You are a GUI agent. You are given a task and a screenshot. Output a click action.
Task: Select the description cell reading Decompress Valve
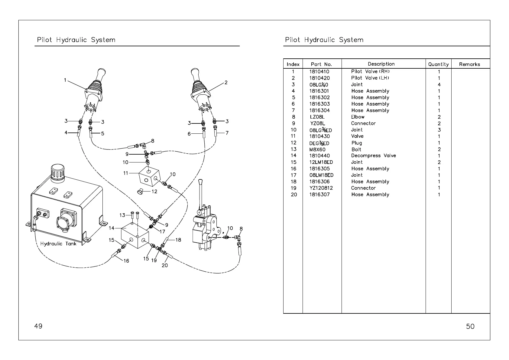373,156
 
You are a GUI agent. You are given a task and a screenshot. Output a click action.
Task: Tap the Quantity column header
438,64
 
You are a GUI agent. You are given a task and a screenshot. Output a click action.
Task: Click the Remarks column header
469,64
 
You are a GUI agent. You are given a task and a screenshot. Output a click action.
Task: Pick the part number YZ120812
321,188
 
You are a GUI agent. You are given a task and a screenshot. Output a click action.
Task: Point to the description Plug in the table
357,143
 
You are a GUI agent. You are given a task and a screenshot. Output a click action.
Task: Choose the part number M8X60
317,149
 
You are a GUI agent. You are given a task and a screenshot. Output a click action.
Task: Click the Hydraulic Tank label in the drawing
58,244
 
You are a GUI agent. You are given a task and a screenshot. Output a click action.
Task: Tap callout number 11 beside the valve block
126,173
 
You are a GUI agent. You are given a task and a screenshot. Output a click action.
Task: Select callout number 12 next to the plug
154,191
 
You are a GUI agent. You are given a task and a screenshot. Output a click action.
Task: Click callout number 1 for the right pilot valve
65,80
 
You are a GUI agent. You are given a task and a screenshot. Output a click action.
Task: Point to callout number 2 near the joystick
226,82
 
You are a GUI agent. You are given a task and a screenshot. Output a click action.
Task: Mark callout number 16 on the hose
126,261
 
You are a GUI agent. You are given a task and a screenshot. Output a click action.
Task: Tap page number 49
38,326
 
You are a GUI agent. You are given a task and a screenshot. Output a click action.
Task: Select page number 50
470,326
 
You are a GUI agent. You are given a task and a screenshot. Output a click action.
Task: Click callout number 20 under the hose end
165,265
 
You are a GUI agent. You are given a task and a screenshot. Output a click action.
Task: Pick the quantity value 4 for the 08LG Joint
439,85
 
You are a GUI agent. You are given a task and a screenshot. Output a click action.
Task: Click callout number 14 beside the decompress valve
112,228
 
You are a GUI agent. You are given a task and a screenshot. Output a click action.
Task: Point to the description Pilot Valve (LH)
370,78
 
